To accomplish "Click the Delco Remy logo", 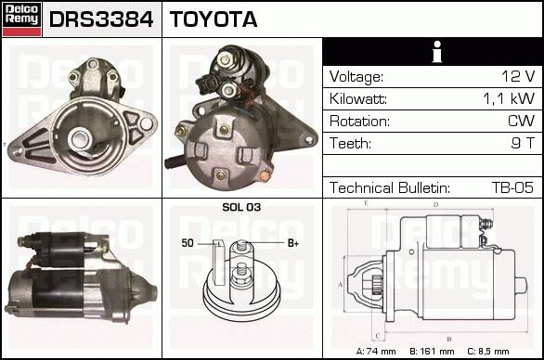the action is click(21, 19).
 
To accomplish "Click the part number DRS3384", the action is click(101, 19).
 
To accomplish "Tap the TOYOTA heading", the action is click(214, 19).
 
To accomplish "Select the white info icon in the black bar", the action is click(437, 52).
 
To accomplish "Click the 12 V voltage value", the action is click(518, 76).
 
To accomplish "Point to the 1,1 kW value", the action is click(509, 99).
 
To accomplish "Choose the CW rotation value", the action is click(521, 121).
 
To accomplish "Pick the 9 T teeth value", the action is click(523, 143).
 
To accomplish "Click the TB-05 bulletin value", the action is click(512, 187).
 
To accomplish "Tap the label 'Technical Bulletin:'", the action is click(390, 187).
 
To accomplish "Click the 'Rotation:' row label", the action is click(359, 121).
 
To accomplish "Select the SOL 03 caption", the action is click(241, 207).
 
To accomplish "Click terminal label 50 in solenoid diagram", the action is click(188, 243).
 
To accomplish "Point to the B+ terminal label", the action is click(293, 243).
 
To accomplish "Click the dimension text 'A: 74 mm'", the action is click(376, 352).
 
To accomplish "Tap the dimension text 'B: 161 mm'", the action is click(432, 352).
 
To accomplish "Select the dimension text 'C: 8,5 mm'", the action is click(488, 352).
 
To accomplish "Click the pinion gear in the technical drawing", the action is click(376, 285).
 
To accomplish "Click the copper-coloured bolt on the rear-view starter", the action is click(265, 175).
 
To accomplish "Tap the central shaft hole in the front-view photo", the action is click(81, 139).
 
